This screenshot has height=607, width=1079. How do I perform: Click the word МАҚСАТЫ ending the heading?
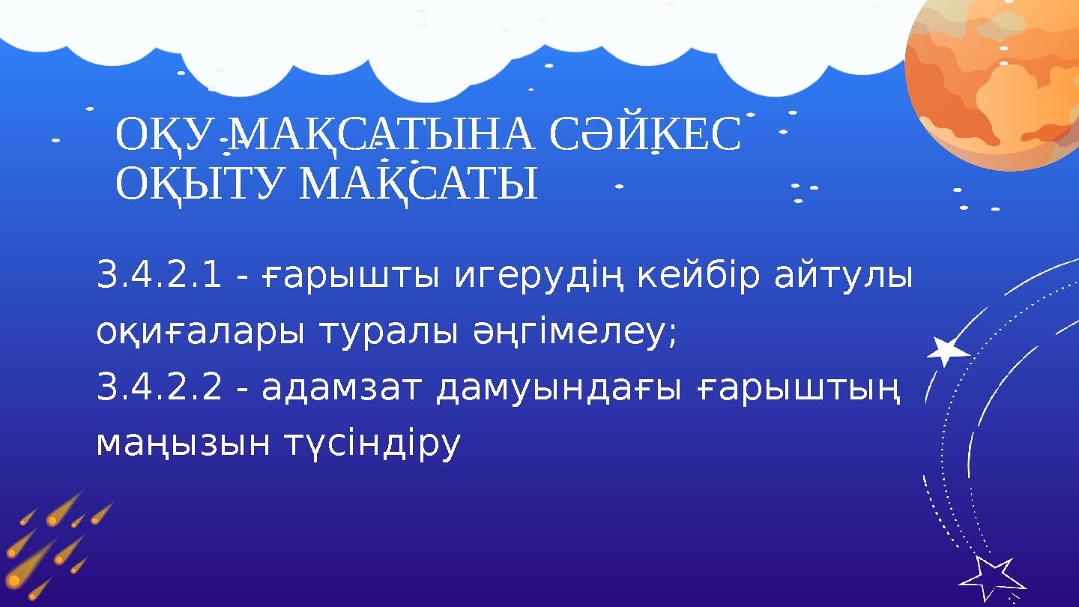pyautogui.click(x=418, y=184)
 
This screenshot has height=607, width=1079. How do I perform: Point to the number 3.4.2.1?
pyautogui.click(x=159, y=276)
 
